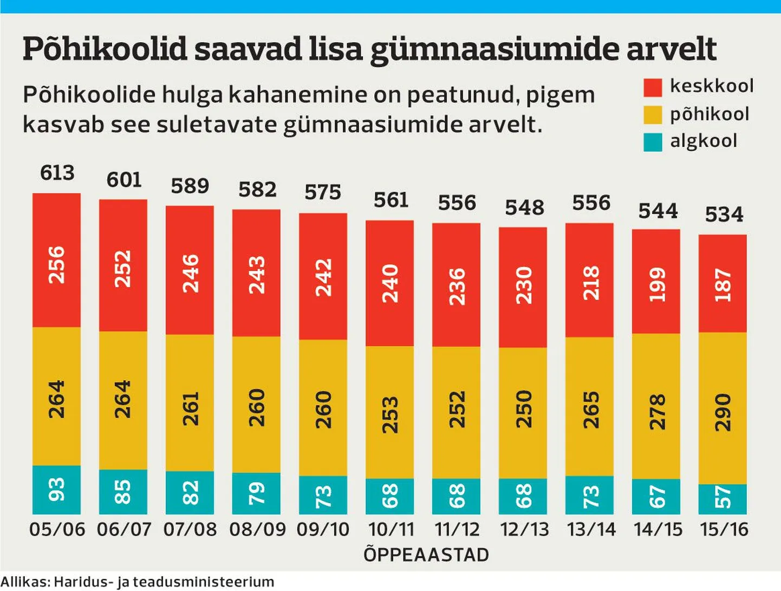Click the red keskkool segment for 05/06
(56, 261)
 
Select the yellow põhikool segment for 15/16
(723, 408)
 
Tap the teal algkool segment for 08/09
(256, 493)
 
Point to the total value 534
(724, 215)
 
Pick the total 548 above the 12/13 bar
(524, 207)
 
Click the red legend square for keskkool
(653, 87)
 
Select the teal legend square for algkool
(653, 142)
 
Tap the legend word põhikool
(710, 114)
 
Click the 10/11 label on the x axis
(390, 529)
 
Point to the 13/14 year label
(591, 529)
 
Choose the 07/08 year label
(190, 529)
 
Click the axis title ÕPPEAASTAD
(426, 555)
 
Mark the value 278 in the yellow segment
(656, 412)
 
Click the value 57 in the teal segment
(723, 498)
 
